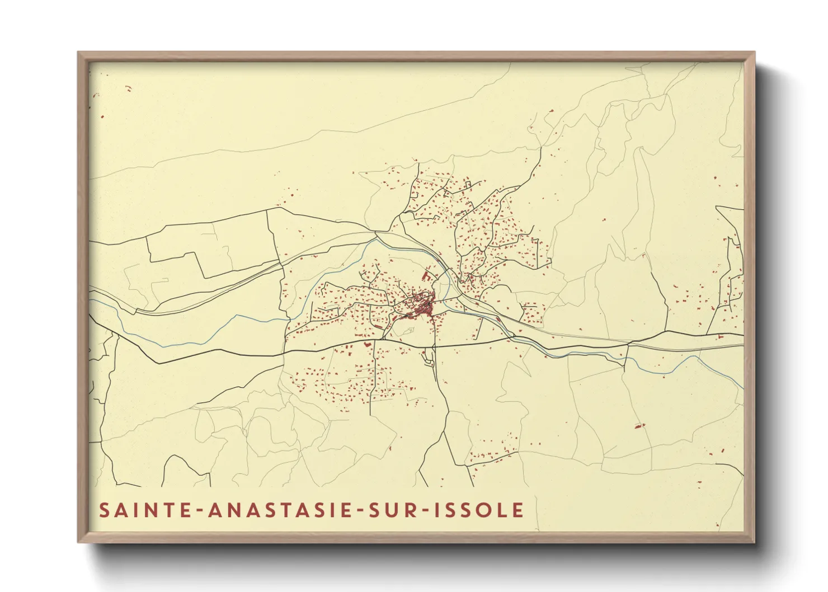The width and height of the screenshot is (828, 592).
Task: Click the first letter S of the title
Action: point(105,510)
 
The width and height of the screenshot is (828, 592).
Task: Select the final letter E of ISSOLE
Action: point(519,510)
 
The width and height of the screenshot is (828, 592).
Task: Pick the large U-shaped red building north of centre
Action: point(427,276)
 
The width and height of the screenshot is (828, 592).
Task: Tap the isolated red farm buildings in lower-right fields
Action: point(638,426)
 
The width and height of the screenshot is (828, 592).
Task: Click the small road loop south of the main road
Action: point(429,357)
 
